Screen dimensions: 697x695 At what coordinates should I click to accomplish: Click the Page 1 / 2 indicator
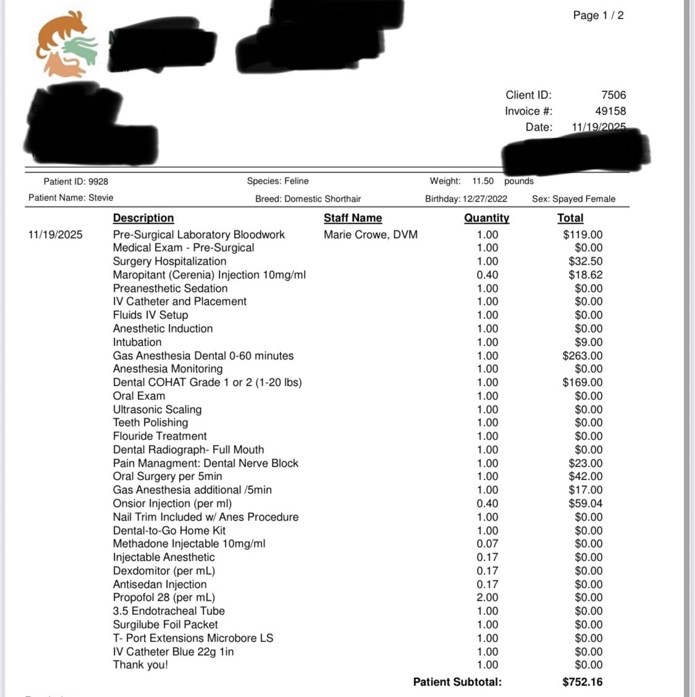[x=598, y=15]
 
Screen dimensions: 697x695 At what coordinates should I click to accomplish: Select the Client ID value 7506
[x=613, y=95]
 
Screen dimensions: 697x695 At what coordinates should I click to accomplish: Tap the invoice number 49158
[x=610, y=111]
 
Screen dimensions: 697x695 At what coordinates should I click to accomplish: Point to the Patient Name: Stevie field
[x=71, y=198]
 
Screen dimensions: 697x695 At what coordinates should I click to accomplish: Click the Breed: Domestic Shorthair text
[x=308, y=199]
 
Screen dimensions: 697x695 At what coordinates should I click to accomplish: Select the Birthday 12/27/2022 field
[x=466, y=199]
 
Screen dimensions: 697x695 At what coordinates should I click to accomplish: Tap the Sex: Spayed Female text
[x=573, y=199]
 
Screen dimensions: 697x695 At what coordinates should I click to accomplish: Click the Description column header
[x=143, y=218]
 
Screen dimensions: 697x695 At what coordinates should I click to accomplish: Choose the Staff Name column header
[x=353, y=218]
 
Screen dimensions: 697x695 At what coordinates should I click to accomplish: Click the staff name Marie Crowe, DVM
[x=371, y=235]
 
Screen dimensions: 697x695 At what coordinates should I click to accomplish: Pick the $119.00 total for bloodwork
[x=583, y=235]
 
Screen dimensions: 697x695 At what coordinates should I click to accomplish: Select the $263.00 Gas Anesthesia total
[x=583, y=356]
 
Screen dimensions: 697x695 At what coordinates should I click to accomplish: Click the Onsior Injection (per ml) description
[x=172, y=504]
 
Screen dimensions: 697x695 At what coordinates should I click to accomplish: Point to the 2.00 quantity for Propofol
[x=487, y=598]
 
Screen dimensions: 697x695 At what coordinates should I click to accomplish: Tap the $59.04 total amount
[x=585, y=504]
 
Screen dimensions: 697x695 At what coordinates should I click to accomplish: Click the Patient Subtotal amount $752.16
[x=583, y=682]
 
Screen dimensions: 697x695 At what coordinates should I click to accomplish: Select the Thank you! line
[x=140, y=665]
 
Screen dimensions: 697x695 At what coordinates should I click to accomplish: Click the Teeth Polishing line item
[x=150, y=423]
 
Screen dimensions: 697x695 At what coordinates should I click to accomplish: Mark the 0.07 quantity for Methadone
[x=487, y=544]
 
